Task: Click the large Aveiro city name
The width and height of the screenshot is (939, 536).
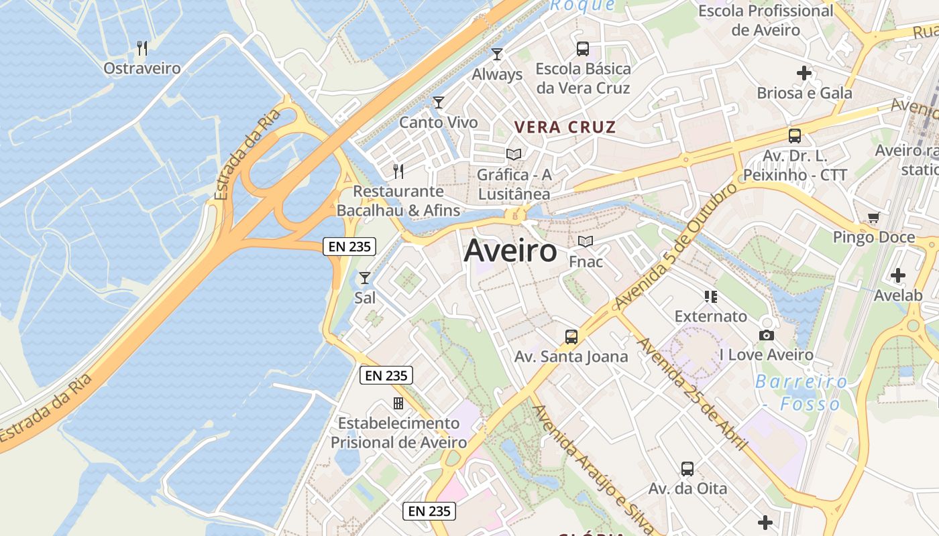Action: [x=510, y=251]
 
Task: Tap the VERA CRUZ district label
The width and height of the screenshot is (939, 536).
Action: [x=565, y=127]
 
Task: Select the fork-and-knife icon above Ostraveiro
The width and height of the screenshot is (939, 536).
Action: [x=142, y=48]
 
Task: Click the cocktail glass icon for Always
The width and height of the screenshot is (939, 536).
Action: [x=497, y=54]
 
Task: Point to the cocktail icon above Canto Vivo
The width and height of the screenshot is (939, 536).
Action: [x=439, y=103]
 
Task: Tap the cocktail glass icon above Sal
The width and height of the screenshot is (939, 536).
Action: [x=365, y=277]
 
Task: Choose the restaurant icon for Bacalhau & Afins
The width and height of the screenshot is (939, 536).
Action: [x=398, y=171]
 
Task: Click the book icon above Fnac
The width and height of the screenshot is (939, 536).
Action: [x=586, y=241]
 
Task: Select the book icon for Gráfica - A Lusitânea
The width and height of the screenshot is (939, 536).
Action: [x=514, y=155]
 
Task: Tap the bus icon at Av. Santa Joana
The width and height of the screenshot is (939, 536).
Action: [x=571, y=336]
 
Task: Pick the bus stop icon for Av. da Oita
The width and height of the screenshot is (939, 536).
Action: [x=687, y=468]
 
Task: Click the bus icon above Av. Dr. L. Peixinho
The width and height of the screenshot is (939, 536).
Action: [x=795, y=136]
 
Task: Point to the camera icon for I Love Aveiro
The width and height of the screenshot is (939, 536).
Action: [x=767, y=335]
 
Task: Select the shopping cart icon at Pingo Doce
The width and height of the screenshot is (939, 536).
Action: [x=873, y=217]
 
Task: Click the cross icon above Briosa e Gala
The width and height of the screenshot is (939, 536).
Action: [x=804, y=73]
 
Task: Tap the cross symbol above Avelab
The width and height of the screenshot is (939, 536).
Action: [x=898, y=275]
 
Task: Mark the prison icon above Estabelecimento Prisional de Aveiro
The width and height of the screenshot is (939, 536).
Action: [x=398, y=403]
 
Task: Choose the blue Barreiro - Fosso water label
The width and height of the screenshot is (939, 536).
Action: [x=801, y=393]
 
